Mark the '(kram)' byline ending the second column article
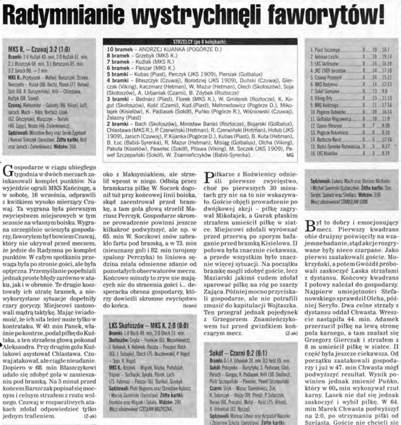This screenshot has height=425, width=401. (190, 305)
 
